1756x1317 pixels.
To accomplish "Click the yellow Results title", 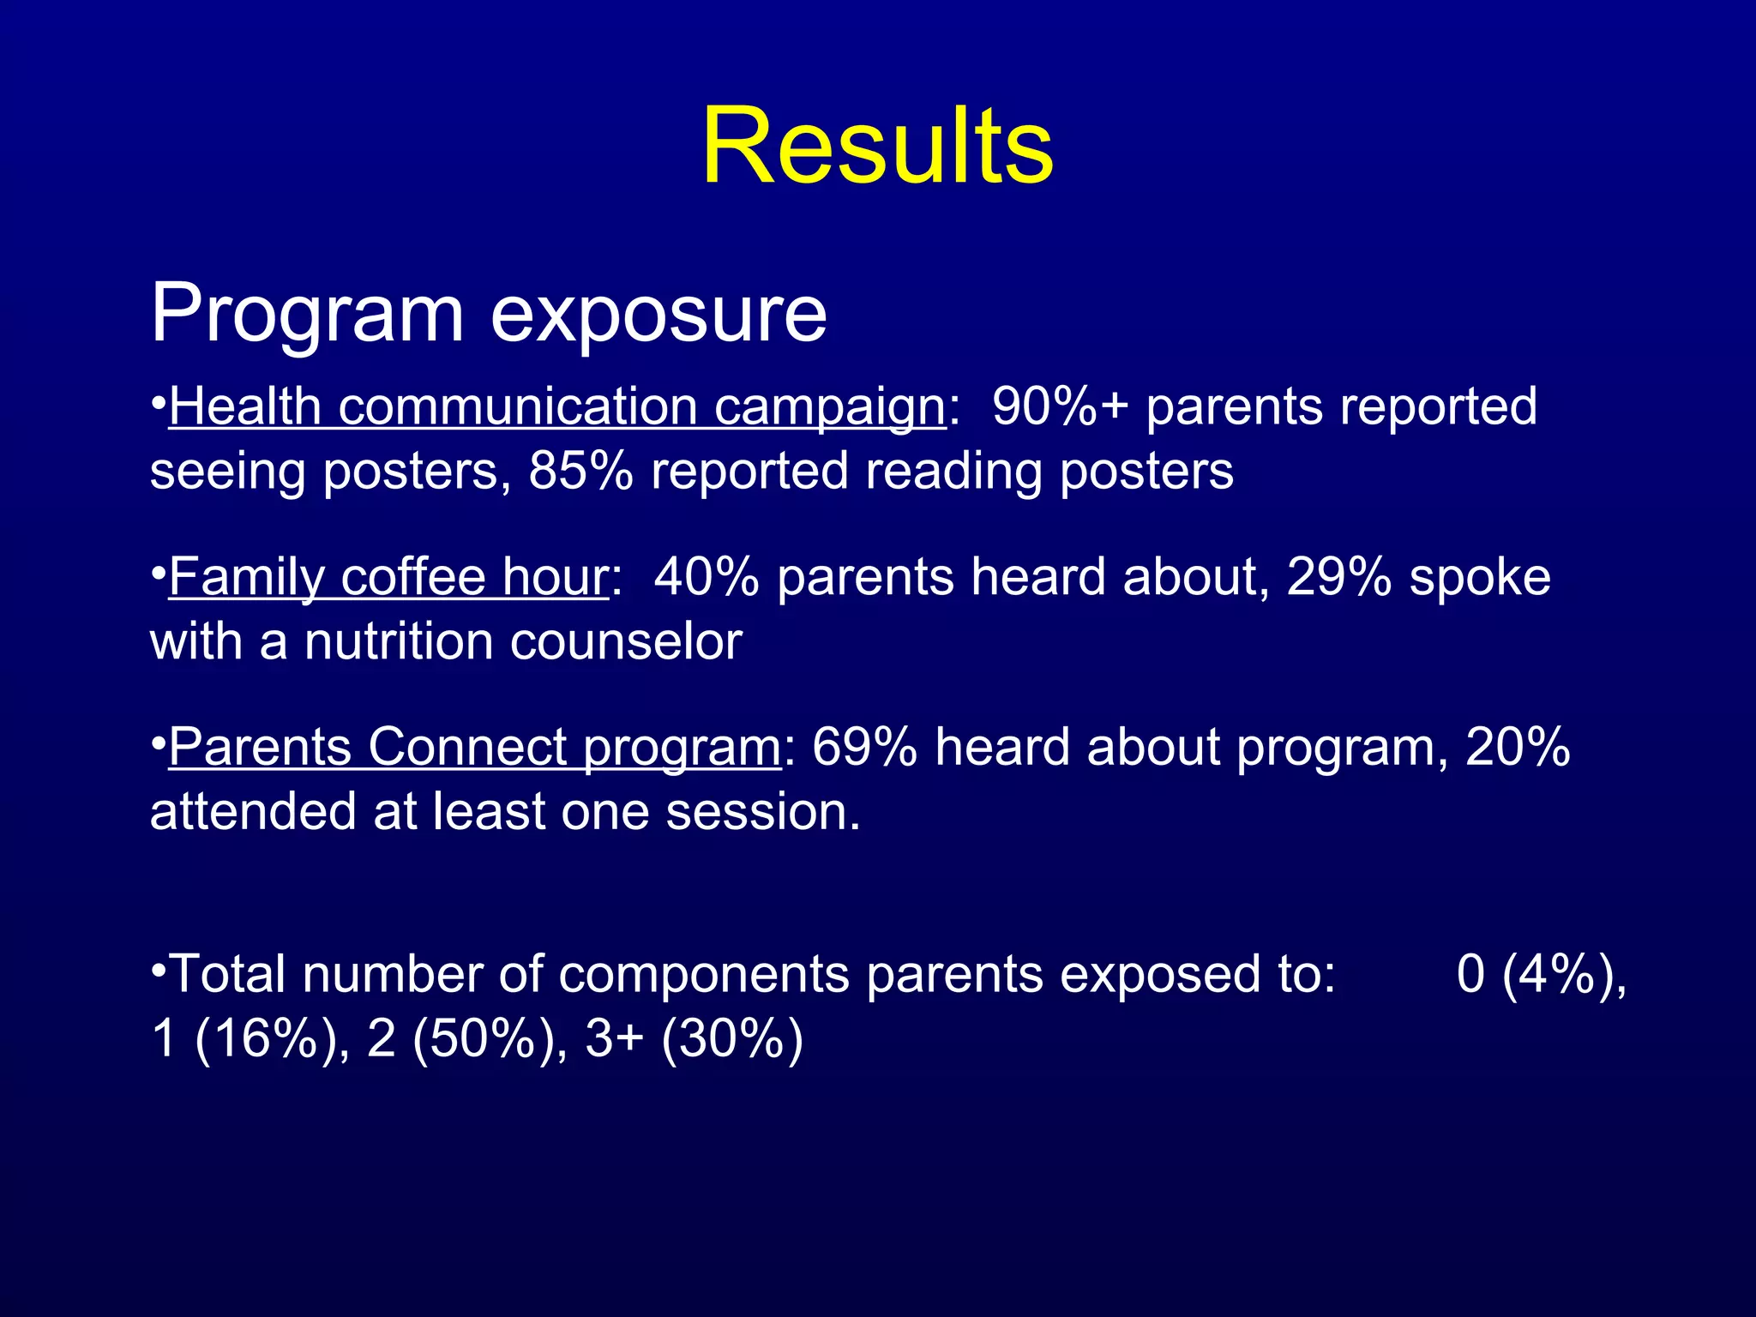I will coord(877,146).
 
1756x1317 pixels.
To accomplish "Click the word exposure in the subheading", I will coord(658,314).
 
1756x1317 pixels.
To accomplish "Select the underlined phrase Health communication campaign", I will coord(557,406).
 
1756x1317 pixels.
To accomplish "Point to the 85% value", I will coord(580,471).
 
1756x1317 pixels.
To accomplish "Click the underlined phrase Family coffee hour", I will coord(388,577).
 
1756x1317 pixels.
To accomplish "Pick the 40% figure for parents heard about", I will coord(706,577).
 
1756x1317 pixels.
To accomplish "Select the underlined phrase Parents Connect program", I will coord(474,747).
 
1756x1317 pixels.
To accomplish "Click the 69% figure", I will coord(864,747).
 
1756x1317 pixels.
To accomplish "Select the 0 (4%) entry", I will coord(1540,974).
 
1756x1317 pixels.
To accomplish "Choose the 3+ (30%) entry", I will coord(694,1038).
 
